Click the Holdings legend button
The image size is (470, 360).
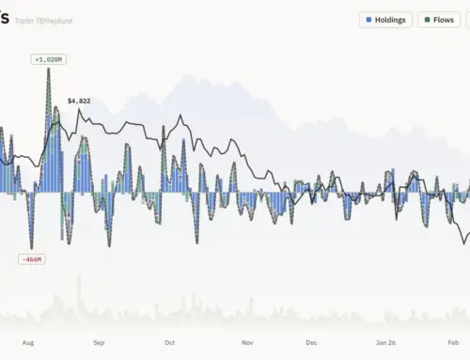click(x=384, y=19)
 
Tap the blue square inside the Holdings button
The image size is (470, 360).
click(x=368, y=19)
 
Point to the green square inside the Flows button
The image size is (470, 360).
click(x=429, y=19)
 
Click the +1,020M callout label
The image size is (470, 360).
click(x=48, y=59)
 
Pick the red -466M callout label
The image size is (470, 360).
click(x=31, y=258)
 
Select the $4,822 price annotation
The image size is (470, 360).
click(x=79, y=100)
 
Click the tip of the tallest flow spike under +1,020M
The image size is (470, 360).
click(x=48, y=70)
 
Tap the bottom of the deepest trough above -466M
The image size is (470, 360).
click(x=31, y=248)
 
